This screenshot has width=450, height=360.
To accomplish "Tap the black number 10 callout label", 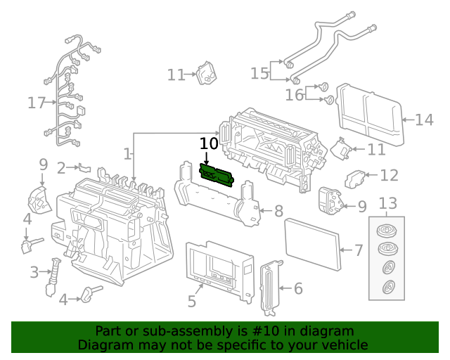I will (209, 143).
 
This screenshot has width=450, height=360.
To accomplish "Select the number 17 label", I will (36, 103).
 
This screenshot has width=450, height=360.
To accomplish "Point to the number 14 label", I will (424, 120).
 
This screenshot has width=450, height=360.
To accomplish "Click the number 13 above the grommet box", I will (388, 204).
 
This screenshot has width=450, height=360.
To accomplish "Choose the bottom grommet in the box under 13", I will (387, 287).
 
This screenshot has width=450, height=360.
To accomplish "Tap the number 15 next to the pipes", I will (259, 73).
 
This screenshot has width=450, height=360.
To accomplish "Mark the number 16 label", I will (294, 95).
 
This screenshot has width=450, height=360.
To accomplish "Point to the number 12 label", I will (389, 174).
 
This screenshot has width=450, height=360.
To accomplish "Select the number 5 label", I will (191, 302).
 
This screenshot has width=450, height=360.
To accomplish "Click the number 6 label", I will (297, 288).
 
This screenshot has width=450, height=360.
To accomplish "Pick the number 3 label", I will (34, 271).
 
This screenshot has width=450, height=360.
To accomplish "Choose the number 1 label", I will (127, 153).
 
